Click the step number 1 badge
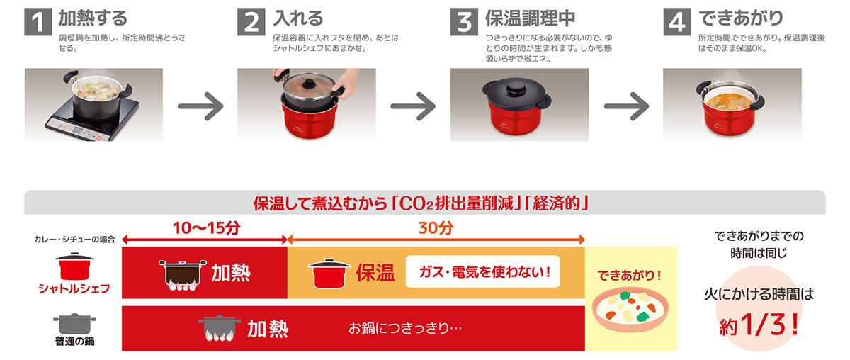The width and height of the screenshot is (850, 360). (38, 21)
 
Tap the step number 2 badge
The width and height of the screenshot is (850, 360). (251, 21)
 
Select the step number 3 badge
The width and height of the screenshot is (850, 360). (465, 21)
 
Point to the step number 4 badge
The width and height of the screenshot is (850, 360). (677, 21)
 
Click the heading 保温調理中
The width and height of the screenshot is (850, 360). (530, 18)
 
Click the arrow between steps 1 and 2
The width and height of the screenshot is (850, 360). (200, 106)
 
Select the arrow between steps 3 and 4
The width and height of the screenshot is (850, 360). (626, 106)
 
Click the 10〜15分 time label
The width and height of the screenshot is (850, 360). (205, 229)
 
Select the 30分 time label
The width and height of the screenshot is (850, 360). (436, 229)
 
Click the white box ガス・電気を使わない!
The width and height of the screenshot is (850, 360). (482, 272)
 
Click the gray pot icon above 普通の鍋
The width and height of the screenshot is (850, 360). (74, 323)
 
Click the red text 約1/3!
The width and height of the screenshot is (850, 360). (759, 325)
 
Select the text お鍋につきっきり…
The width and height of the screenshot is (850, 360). (405, 329)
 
